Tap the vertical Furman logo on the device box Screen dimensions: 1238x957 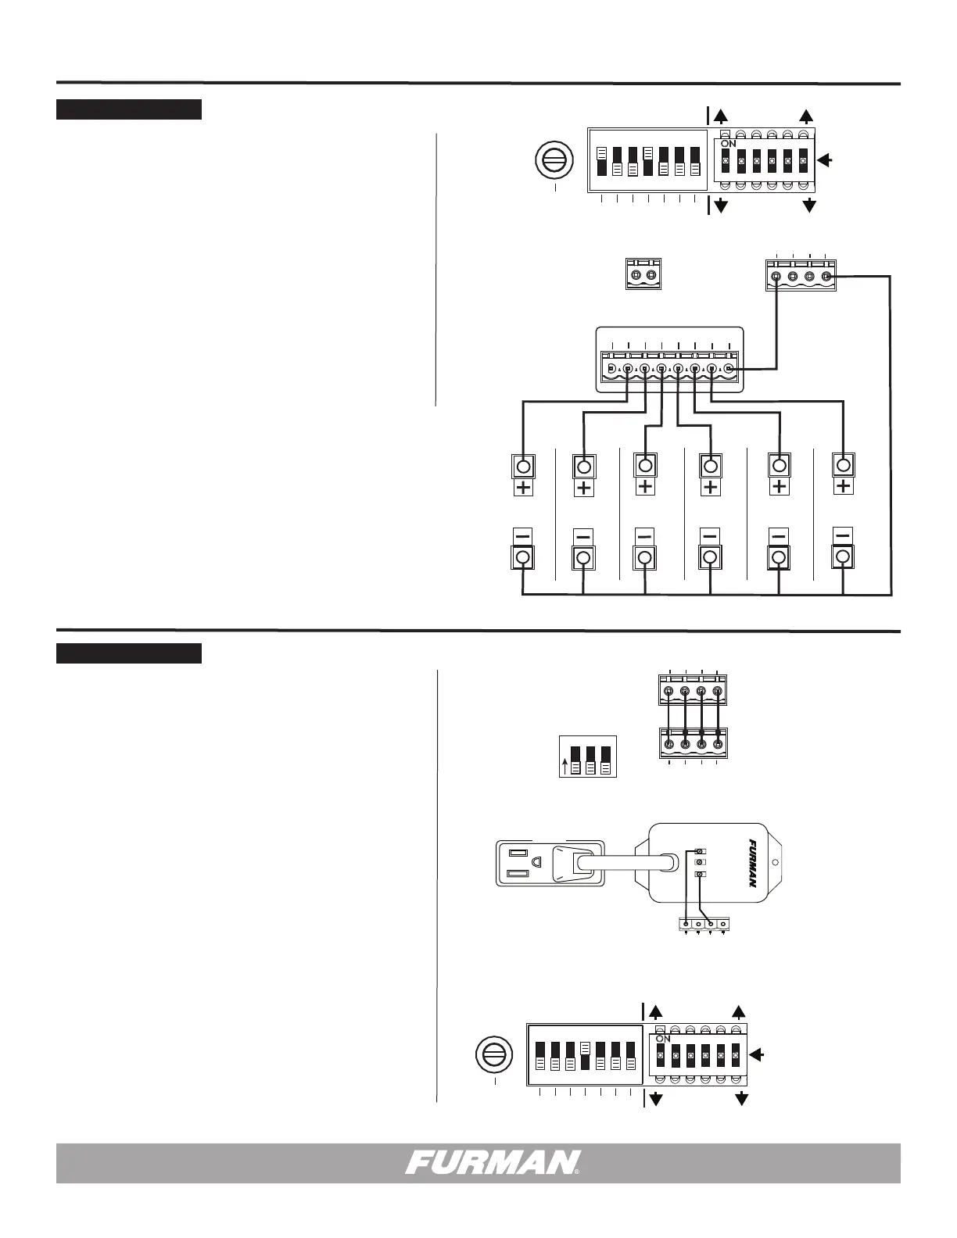click(749, 864)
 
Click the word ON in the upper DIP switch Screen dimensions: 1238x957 click(729, 145)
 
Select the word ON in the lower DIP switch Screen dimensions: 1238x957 click(664, 1039)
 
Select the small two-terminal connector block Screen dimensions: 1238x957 click(643, 275)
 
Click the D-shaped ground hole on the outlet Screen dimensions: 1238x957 click(537, 861)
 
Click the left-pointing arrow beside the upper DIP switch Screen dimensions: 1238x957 click(826, 161)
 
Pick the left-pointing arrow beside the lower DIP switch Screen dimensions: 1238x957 click(758, 1055)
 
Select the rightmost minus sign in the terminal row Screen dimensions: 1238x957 click(843, 535)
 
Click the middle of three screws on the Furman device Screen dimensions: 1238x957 click(701, 863)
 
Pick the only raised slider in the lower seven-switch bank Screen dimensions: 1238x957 click(585, 1048)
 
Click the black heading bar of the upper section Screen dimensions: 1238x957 click(129, 109)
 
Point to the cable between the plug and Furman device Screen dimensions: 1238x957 click(625, 863)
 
